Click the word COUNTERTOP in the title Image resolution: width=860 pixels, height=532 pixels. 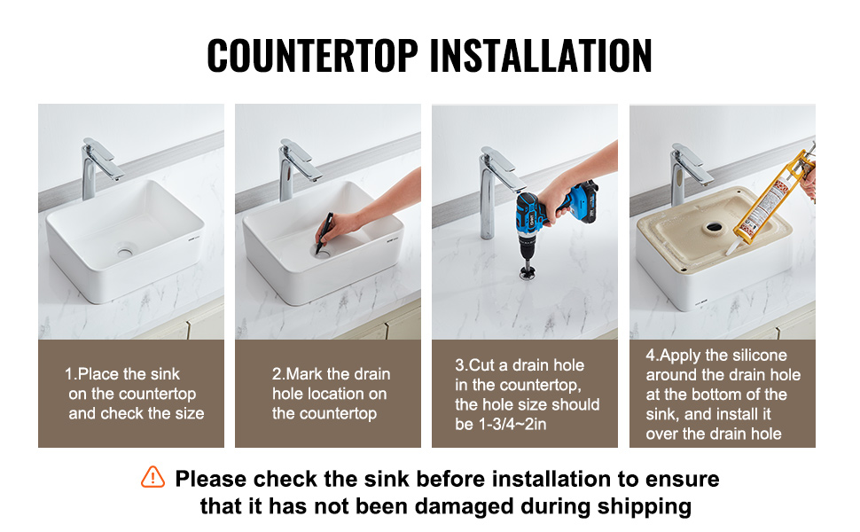point(313,55)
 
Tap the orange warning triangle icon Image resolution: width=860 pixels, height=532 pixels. point(152,477)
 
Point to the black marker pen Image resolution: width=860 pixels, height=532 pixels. point(324,233)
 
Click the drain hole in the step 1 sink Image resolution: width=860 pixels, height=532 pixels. point(124,252)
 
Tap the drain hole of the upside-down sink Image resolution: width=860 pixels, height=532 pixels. point(714,226)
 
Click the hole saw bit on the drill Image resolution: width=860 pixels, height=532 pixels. point(528,271)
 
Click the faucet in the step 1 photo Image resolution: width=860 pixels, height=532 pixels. point(98,168)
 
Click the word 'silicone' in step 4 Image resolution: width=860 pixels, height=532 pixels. point(759,356)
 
